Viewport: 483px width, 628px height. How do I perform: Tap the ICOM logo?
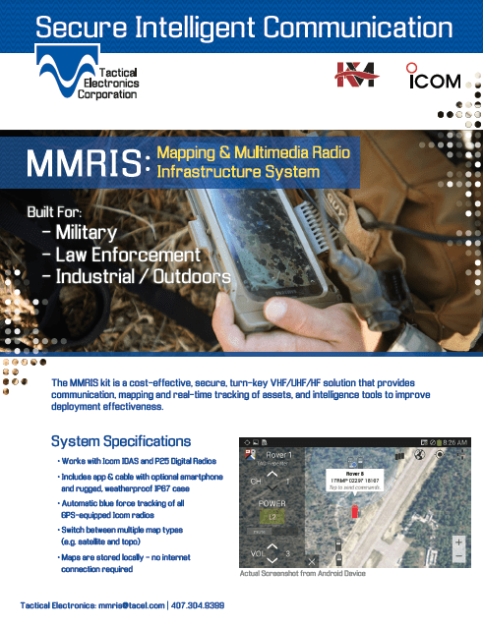435,78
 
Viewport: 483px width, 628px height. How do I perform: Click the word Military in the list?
86,233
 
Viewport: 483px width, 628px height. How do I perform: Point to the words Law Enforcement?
128,255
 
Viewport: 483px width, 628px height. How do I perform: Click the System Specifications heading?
121,440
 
